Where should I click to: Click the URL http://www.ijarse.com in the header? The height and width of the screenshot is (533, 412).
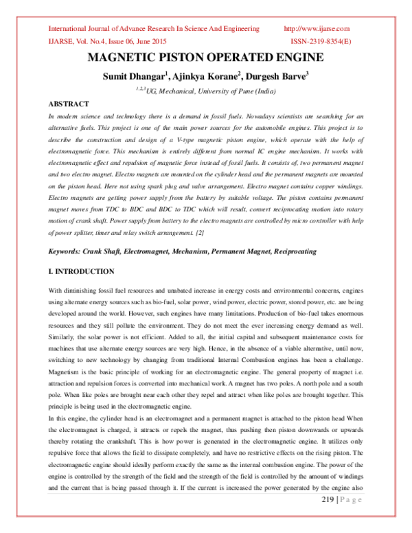click(x=317, y=29)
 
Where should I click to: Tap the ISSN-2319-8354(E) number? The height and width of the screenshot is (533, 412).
click(x=317, y=42)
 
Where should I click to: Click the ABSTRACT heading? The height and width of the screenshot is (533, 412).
click(x=68, y=103)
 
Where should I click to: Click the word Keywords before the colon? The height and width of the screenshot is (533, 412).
click(x=67, y=251)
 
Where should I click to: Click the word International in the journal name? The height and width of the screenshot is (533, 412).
click(x=70, y=29)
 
